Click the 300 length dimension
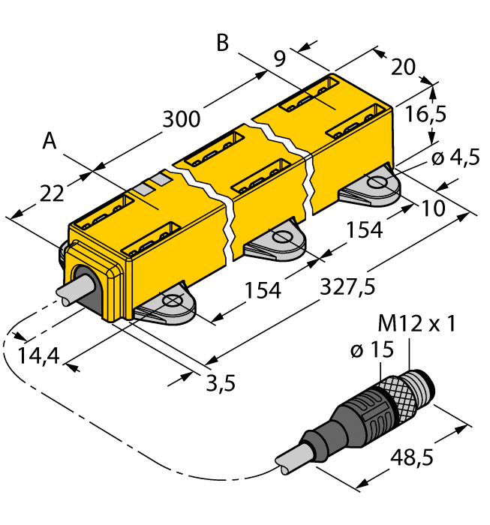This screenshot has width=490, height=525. click(182, 119)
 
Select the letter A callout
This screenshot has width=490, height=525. click(50, 141)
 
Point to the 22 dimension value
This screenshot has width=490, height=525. click(51, 193)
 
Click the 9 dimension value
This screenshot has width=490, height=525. click(279, 58)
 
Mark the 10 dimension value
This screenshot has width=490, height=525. click(434, 205)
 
